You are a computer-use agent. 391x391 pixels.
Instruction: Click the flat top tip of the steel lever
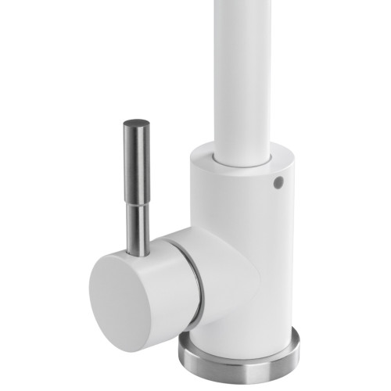click(138, 122)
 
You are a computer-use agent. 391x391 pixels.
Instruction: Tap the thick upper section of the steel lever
click(138, 160)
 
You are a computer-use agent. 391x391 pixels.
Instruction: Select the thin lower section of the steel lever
click(138, 227)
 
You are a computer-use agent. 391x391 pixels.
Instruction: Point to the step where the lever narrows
click(138, 202)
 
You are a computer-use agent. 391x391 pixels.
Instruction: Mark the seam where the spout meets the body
click(246, 164)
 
